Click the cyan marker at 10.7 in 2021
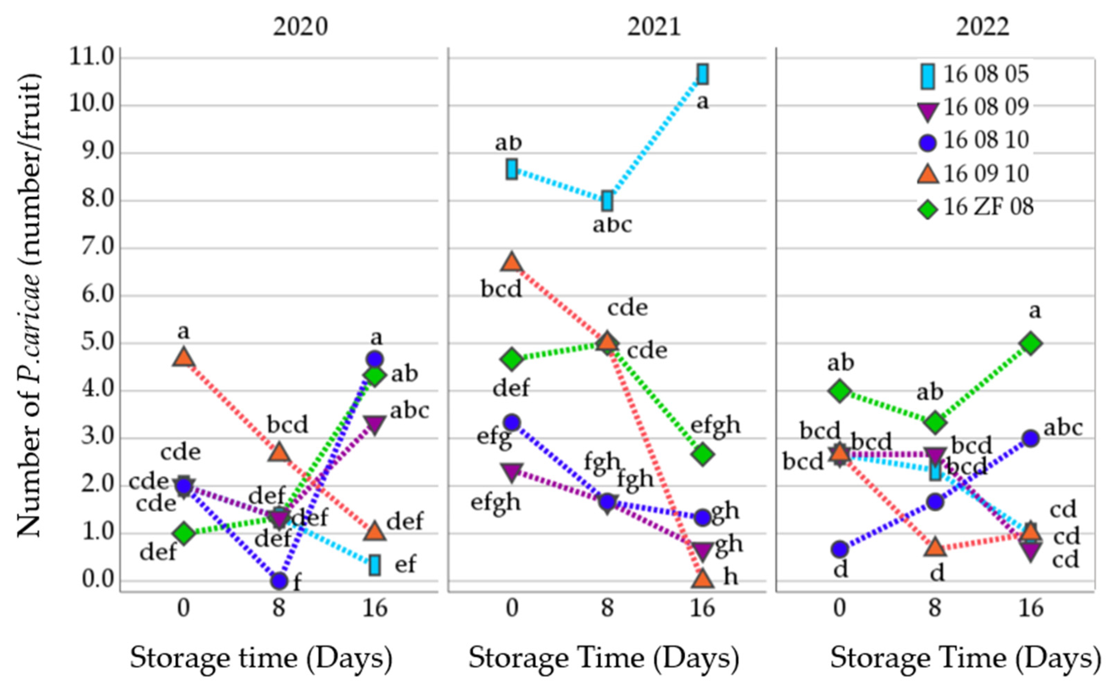point(703,74)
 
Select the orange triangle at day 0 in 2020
point(183,358)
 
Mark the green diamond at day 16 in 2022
point(1031,343)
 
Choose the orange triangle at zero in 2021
point(703,579)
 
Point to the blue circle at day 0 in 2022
point(840,549)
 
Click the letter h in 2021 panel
point(730,577)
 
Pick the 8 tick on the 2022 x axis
point(935,608)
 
